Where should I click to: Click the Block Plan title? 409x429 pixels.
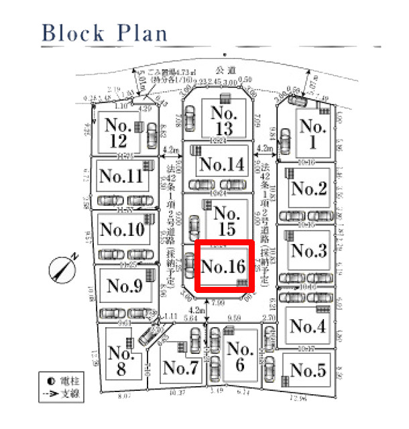pos(104,32)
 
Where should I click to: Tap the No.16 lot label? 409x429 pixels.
pos(224,266)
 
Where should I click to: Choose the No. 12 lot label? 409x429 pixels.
pos(118,132)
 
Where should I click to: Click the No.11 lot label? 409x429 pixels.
pos(121,176)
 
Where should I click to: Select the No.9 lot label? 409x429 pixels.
pos(125,286)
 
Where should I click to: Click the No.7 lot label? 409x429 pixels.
pos(180,368)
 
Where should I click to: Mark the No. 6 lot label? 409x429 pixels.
pos(239,358)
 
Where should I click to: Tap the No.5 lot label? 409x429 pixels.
pos(308,370)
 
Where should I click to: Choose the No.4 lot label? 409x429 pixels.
pos(308,326)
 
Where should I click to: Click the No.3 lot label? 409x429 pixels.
pos(309,252)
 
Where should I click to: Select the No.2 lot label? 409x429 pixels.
pos(308,190)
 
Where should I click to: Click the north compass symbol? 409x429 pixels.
pos(63,267)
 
